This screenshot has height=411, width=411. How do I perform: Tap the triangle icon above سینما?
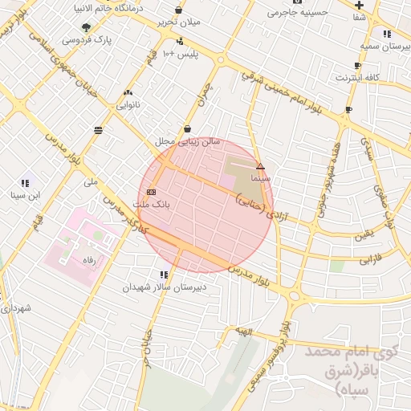coord(260,166)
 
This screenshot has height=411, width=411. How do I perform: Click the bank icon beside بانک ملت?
coord(152,193)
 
